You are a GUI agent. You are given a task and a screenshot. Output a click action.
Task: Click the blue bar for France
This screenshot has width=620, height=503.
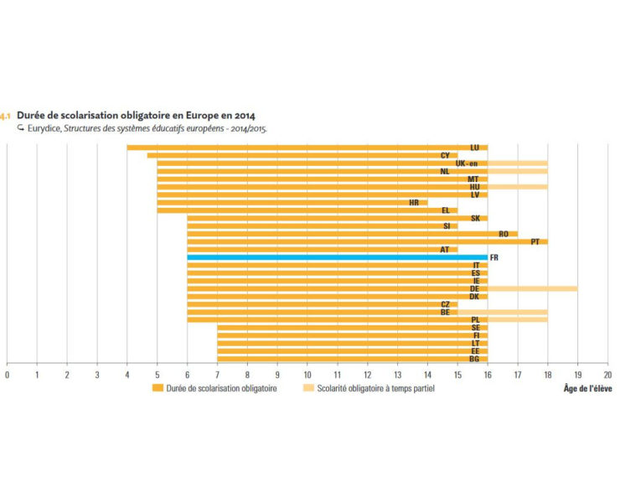(x=335, y=257)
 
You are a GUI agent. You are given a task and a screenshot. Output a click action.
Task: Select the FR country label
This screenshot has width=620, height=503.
(x=493, y=257)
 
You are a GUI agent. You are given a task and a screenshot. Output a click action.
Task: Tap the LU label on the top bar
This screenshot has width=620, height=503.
(x=475, y=148)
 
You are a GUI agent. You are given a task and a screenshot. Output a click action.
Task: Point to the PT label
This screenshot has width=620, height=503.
(x=535, y=241)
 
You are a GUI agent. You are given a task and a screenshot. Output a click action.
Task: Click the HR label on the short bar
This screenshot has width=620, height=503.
(x=414, y=202)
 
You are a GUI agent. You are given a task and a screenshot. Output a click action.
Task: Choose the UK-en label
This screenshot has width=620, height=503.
(x=467, y=163)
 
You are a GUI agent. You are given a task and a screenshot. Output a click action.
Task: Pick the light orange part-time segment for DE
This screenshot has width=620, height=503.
(x=532, y=288)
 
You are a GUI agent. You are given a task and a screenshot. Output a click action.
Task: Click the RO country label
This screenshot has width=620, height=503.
(x=503, y=234)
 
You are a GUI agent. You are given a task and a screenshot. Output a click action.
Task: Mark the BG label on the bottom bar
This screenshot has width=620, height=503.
(x=475, y=359)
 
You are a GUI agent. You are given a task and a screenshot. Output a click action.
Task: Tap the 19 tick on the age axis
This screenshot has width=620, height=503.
(x=577, y=374)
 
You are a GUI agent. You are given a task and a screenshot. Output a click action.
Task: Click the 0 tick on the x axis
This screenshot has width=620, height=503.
(x=7, y=374)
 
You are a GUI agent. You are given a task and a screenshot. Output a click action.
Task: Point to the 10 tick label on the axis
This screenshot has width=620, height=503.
(x=307, y=374)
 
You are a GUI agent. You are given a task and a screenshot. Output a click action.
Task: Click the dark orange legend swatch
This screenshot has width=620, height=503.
(x=157, y=388)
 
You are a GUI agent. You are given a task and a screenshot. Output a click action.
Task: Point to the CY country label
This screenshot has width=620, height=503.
(x=445, y=155)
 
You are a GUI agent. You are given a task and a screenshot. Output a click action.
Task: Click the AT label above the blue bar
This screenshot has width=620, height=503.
(x=445, y=249)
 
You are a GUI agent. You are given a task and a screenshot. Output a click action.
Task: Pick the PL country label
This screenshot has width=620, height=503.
(x=475, y=319)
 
